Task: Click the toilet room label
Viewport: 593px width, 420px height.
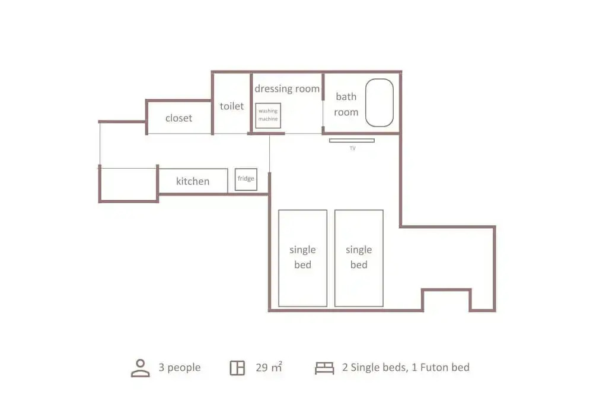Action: pos(231,106)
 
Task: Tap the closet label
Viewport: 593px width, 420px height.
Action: pos(178,118)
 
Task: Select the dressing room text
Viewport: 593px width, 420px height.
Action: pos(287,89)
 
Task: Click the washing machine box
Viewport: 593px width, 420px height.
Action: pos(268,115)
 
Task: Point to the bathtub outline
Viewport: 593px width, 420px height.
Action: pos(366,103)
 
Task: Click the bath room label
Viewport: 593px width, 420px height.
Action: pos(346,104)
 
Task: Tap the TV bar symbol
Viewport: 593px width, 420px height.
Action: pos(352,141)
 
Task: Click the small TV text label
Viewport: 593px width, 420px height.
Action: pos(352,148)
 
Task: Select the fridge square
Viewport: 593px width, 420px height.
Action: pos(246,179)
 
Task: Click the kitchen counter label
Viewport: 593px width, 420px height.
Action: pos(193,181)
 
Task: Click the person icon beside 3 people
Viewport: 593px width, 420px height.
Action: pos(141,368)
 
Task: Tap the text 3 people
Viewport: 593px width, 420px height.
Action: pos(179,367)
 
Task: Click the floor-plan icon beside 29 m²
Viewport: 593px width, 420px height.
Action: pos(238,368)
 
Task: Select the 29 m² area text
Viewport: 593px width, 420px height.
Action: pos(269,367)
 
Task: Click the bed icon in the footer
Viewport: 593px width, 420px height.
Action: pos(324,368)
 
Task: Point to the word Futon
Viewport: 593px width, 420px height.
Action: pos(433,367)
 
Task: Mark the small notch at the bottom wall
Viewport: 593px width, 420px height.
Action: pos(447,290)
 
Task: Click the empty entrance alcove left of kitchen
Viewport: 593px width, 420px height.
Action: pos(129,185)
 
